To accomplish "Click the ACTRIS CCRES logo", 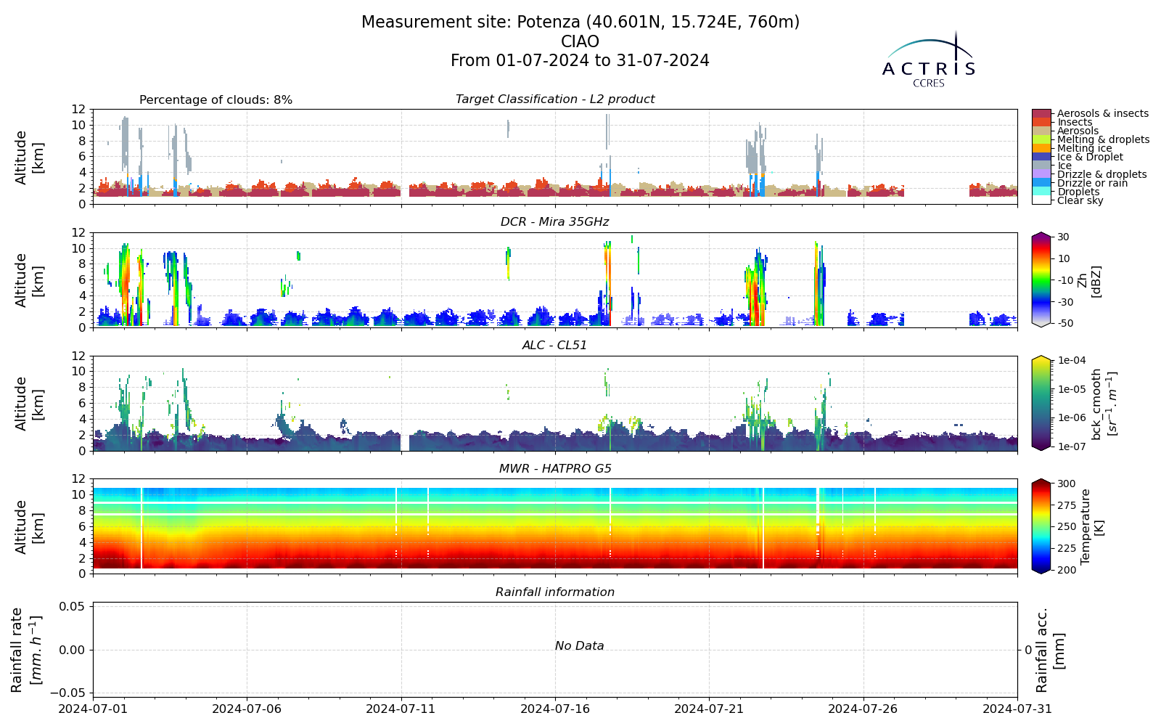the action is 928,60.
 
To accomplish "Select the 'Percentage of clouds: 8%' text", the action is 216,100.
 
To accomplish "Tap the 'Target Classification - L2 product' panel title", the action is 554,99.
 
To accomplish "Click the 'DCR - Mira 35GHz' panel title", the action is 554,222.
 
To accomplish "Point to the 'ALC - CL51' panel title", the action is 554,346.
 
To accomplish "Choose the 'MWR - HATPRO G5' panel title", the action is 554,469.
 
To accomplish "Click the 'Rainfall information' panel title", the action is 554,592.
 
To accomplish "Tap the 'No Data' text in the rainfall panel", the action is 580,645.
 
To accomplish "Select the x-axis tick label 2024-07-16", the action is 555,709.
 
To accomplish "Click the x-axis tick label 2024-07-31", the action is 1017,709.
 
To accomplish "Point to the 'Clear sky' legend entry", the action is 1080,200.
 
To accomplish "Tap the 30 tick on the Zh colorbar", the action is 1063,237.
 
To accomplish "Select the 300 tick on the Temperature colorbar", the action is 1066,484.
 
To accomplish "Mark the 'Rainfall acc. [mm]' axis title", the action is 1049,650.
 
